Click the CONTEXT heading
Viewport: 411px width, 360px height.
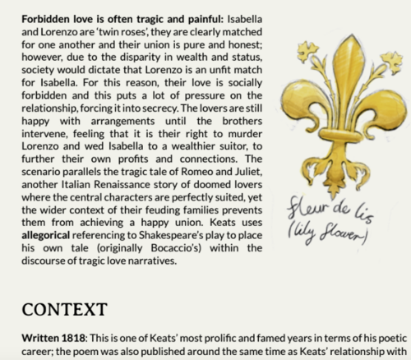pyautogui.click(x=62, y=310)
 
